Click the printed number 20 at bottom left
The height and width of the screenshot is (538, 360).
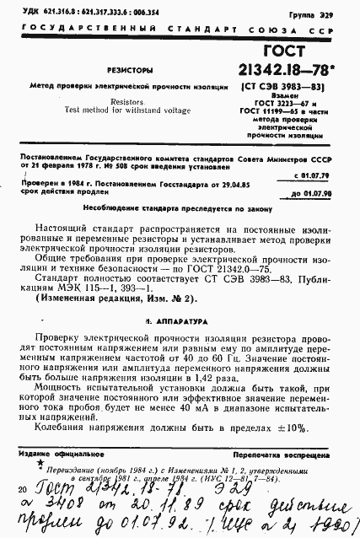20,488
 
